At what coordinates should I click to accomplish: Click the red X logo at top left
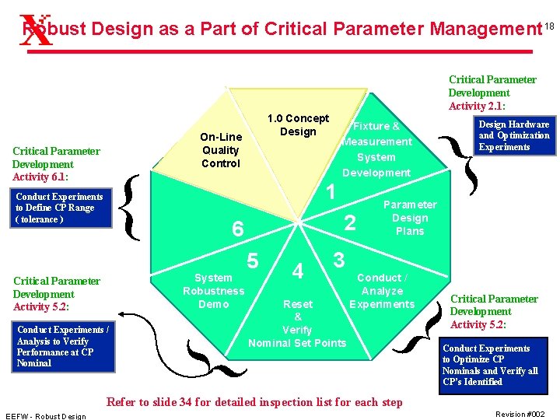[x=34, y=31]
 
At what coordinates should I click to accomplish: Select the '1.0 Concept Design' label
[x=298, y=125]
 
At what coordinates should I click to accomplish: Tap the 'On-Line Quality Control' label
[x=221, y=150]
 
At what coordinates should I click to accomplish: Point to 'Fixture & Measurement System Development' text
[x=376, y=149]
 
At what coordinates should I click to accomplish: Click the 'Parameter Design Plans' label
[x=410, y=218]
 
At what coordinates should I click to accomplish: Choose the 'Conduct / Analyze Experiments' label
[x=382, y=291]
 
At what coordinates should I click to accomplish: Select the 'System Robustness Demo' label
[x=213, y=291]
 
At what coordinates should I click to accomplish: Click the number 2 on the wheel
[x=350, y=223]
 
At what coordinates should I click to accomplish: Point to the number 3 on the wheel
[x=338, y=259]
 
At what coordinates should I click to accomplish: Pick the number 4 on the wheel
[x=297, y=271]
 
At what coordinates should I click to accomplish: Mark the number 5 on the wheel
[x=253, y=261]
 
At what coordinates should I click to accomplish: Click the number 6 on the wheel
[x=238, y=228]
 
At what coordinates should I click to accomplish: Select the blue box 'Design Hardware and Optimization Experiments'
[x=513, y=135]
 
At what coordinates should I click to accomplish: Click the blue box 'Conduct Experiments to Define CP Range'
[x=62, y=208]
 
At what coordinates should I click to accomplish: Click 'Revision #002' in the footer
[x=521, y=415]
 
